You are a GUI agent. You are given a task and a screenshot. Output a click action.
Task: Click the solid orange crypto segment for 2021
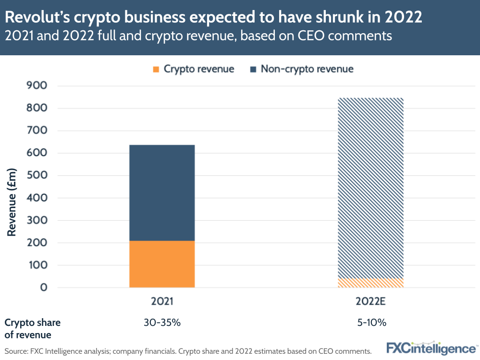[x=162, y=264]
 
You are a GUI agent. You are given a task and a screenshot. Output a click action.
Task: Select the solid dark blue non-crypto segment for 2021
[x=162, y=192]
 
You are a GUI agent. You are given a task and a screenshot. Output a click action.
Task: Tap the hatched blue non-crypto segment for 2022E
[x=370, y=187]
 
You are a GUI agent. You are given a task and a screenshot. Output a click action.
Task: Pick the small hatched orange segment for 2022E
[x=370, y=283]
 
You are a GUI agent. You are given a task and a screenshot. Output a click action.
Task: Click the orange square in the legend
[x=156, y=69]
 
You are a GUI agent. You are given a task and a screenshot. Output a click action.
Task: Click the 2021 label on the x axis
[x=162, y=301]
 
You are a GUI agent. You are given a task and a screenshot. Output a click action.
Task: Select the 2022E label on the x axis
[x=370, y=301]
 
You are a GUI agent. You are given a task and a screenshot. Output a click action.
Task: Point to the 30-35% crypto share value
[x=162, y=323]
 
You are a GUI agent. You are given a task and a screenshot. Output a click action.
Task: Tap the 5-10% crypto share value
[x=370, y=323]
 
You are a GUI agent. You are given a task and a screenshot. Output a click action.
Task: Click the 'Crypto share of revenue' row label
[x=32, y=328]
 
